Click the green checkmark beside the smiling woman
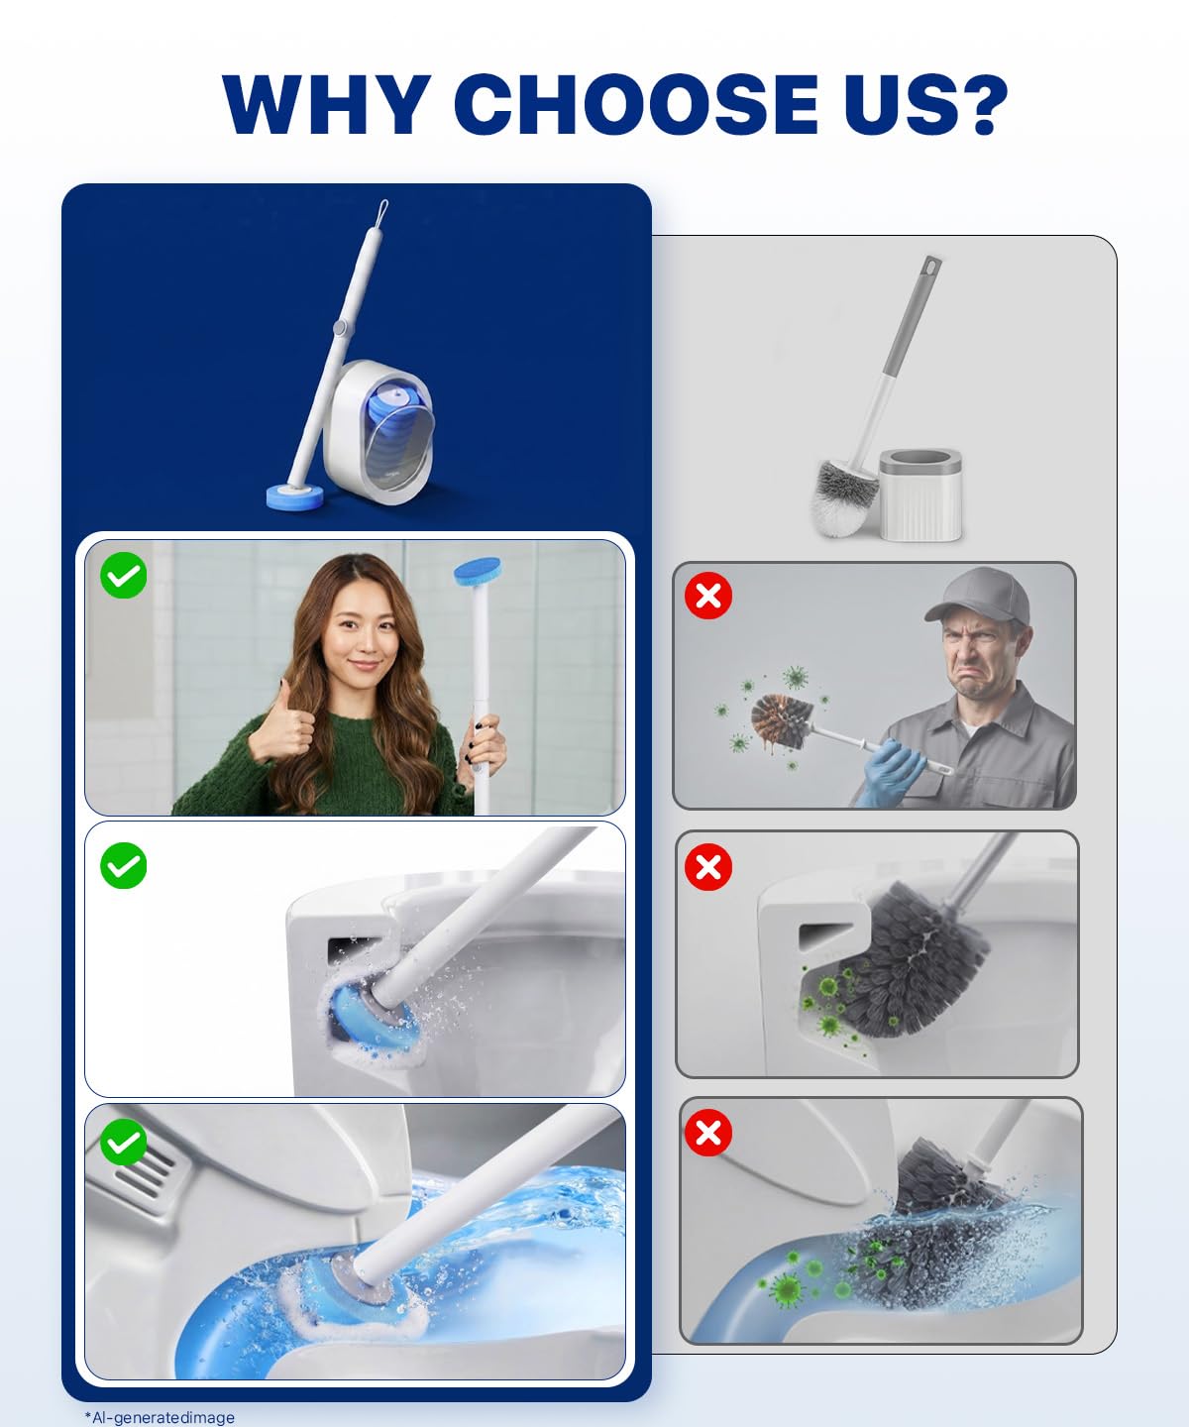click(124, 575)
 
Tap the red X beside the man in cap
click(707, 596)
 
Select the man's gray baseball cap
click(979, 595)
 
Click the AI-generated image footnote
click(160, 1417)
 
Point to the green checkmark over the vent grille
click(124, 1142)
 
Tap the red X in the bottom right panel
click(707, 1133)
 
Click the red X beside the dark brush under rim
click(707, 866)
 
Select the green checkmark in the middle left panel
click(124, 865)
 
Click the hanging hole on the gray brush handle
click(930, 267)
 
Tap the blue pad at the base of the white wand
click(294, 495)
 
